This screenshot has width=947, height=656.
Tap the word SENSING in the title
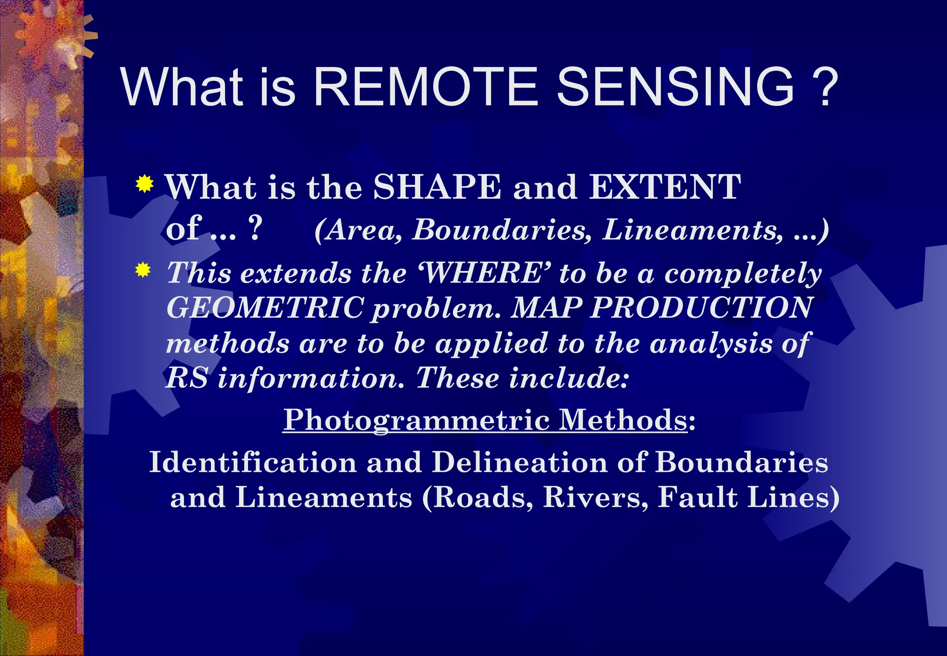pos(675,87)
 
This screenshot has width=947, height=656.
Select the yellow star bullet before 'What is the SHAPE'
pos(145,184)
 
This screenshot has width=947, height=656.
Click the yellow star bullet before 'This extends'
pos(143,270)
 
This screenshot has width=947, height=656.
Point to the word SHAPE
pos(437,187)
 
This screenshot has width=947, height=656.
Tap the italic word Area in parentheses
pos(363,230)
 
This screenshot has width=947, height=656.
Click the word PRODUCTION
pos(701,308)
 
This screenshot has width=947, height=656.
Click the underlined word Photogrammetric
pos(416,420)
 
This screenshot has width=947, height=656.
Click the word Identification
pos(252,462)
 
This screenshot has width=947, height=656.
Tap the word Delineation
pos(520,462)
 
